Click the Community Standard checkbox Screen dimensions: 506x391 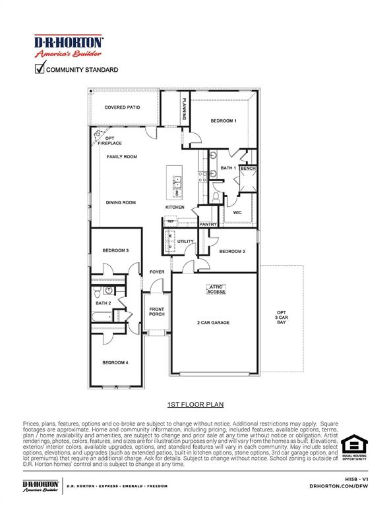point(40,68)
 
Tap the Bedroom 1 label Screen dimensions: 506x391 point(224,121)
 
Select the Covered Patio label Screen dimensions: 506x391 point(123,107)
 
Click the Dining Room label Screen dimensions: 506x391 point(121,202)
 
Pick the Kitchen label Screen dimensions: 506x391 point(175,208)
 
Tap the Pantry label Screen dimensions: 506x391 point(208,224)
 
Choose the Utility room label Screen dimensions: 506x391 point(185,241)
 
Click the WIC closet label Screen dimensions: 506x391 point(237,212)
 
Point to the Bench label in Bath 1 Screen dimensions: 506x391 point(248,169)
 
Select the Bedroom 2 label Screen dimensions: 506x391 point(232,251)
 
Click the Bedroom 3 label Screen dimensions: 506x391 point(115,250)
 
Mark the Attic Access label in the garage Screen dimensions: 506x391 point(217,289)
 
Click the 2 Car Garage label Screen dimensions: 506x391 point(213,323)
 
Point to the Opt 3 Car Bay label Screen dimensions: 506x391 point(282,317)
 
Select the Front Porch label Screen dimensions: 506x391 point(157,312)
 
